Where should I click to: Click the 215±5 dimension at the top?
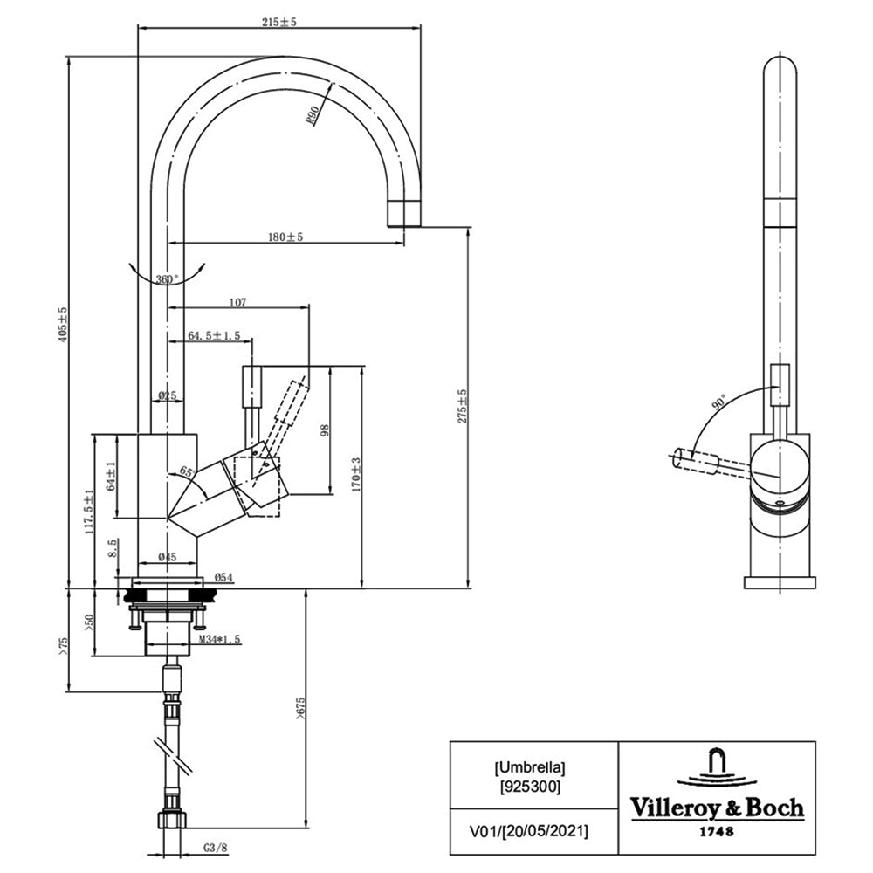(x=279, y=23)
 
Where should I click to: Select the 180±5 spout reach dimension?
(x=285, y=237)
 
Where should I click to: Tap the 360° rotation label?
(x=168, y=279)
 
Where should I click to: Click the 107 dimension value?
(x=237, y=302)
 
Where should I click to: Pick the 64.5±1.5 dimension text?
(x=214, y=335)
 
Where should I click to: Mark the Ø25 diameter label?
(x=167, y=395)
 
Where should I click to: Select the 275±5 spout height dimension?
(x=462, y=406)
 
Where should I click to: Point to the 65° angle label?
(x=187, y=472)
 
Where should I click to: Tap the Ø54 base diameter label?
(x=223, y=577)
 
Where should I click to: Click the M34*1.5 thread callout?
(x=220, y=639)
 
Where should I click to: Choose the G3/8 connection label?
(x=215, y=848)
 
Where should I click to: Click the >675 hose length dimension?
(x=300, y=709)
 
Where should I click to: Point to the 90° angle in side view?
(x=718, y=402)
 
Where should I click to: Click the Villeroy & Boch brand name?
(x=717, y=808)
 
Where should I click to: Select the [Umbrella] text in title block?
(x=530, y=767)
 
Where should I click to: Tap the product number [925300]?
(x=530, y=787)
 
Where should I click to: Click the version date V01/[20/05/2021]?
(x=529, y=832)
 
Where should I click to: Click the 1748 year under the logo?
(x=717, y=831)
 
